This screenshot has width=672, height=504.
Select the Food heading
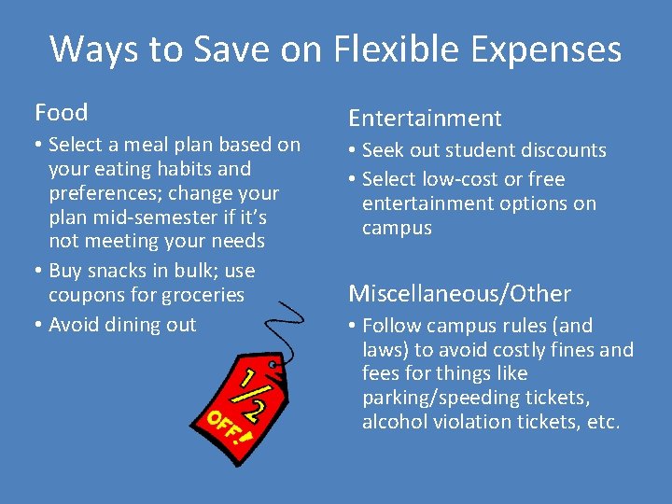(x=62, y=113)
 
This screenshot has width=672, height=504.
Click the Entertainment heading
(x=425, y=118)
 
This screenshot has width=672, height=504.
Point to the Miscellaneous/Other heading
(x=459, y=294)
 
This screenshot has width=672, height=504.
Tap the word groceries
(x=202, y=295)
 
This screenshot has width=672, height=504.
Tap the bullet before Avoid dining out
(x=38, y=325)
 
